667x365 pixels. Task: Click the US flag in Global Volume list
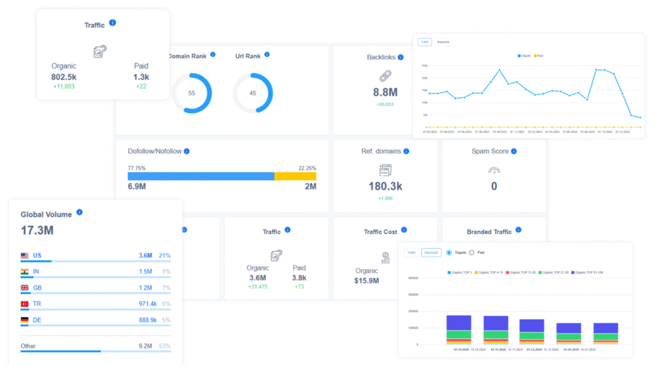(x=25, y=256)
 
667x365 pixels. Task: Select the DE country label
(x=37, y=320)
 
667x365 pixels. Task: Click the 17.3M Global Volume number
(x=37, y=230)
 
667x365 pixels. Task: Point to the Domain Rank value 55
(x=192, y=93)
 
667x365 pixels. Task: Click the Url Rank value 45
(x=253, y=93)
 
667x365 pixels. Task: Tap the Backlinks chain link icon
(x=385, y=75)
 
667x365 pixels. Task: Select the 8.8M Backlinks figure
(x=385, y=92)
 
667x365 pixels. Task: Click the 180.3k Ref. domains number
(x=385, y=187)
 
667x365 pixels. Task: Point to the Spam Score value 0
(x=494, y=187)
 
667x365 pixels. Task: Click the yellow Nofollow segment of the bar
(x=295, y=176)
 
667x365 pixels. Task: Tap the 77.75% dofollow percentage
(x=137, y=167)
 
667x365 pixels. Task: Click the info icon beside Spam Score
(x=514, y=151)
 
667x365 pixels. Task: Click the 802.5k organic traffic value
(x=64, y=77)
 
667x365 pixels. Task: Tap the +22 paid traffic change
(x=141, y=87)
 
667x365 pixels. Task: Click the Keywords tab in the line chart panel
(x=443, y=42)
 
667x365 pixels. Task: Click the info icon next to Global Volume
(x=79, y=212)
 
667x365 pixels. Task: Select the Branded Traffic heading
(x=489, y=232)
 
